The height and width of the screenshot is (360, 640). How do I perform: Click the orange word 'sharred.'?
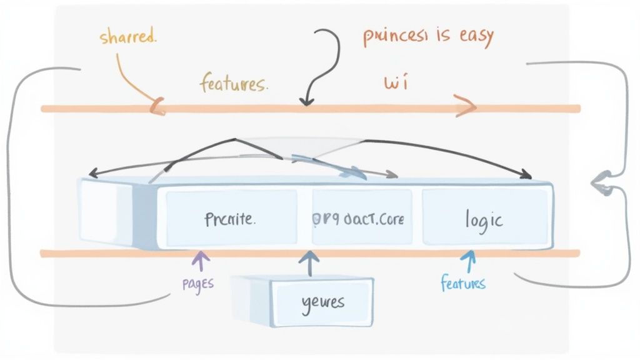click(x=128, y=36)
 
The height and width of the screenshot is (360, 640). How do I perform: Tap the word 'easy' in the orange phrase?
click(x=469, y=36)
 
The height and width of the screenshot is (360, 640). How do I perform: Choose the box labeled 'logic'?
click(x=484, y=219)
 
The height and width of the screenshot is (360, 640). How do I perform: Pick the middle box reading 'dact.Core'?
click(x=357, y=219)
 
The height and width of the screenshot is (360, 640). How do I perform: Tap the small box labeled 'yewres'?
click(x=322, y=302)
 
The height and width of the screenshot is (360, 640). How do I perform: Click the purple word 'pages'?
click(x=197, y=282)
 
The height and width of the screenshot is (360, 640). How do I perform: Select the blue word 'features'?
click(x=462, y=283)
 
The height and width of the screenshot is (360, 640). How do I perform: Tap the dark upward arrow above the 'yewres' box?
click(x=307, y=262)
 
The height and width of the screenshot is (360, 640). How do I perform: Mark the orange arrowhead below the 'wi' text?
click(x=466, y=106)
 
